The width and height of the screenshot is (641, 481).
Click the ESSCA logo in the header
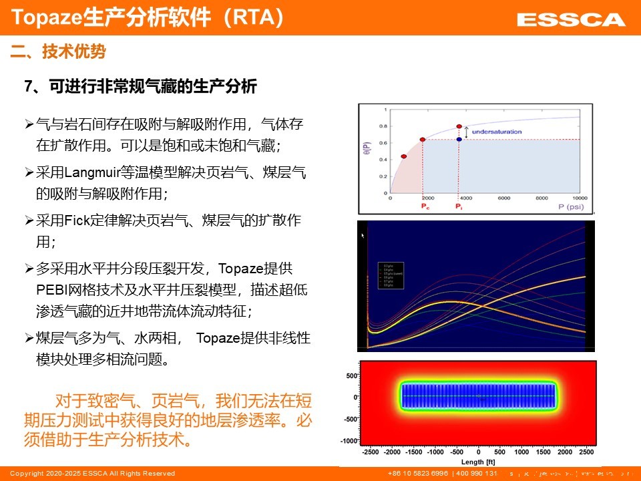click(571, 19)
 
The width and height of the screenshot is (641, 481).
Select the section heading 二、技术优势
click(59, 51)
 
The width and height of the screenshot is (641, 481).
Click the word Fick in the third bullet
click(86, 220)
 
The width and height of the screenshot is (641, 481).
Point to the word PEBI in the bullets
click(51, 291)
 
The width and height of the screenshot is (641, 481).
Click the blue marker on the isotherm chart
click(459, 139)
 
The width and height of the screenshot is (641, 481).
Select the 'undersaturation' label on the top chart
click(496, 132)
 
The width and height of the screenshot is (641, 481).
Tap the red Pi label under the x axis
click(459, 207)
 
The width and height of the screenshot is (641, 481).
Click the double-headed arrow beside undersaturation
click(467, 132)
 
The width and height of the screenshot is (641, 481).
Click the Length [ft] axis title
click(478, 461)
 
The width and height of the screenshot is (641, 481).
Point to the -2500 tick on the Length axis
click(371, 452)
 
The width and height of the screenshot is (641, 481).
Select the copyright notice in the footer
click(92, 473)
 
